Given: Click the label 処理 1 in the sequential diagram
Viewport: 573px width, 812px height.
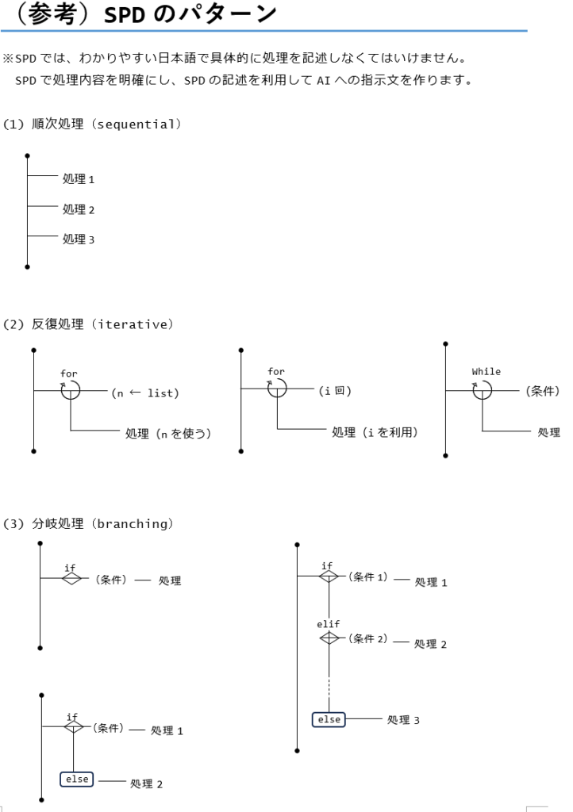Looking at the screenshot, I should coord(79,179).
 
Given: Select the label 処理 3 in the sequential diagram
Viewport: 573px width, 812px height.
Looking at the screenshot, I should coord(79,239).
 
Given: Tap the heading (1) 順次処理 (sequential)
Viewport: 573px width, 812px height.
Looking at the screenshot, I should coord(92,124).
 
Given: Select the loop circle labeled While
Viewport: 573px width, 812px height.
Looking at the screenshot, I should coord(483,389).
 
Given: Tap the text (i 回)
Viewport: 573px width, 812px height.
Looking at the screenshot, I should coord(335,391).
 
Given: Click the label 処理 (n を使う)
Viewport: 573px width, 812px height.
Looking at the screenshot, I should coord(168,434).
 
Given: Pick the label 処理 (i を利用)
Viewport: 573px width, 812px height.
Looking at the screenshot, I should coord(375,432).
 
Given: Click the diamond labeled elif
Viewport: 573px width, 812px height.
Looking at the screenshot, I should coord(329,638).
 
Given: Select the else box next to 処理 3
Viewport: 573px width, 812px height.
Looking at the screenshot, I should coord(329,719).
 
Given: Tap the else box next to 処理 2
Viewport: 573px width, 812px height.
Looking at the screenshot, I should coord(77,779).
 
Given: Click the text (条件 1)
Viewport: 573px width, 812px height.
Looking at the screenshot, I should coord(369,577).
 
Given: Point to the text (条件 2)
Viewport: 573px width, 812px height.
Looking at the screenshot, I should coord(369,639).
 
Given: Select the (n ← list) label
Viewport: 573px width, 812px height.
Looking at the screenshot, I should coord(145,393).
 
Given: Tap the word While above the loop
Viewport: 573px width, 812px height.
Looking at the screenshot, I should coord(486,372).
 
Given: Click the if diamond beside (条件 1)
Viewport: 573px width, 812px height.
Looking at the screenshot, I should coord(329,576).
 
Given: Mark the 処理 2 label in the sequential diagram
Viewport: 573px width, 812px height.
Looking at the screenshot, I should coord(79,209).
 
